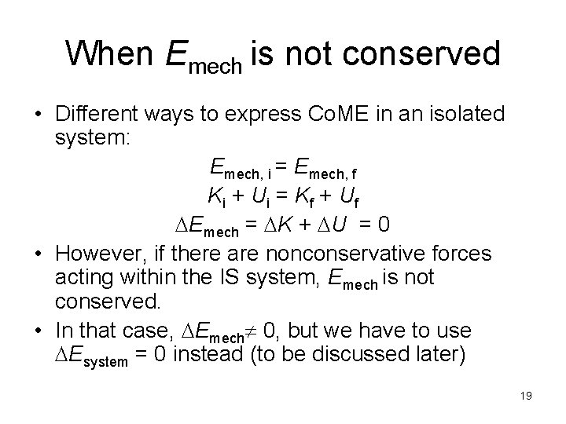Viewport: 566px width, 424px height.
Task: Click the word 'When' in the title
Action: [111, 53]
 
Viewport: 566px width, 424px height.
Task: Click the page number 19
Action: [525, 395]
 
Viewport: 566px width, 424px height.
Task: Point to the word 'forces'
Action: [465, 254]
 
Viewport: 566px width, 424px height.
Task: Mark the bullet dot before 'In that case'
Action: [37, 330]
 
